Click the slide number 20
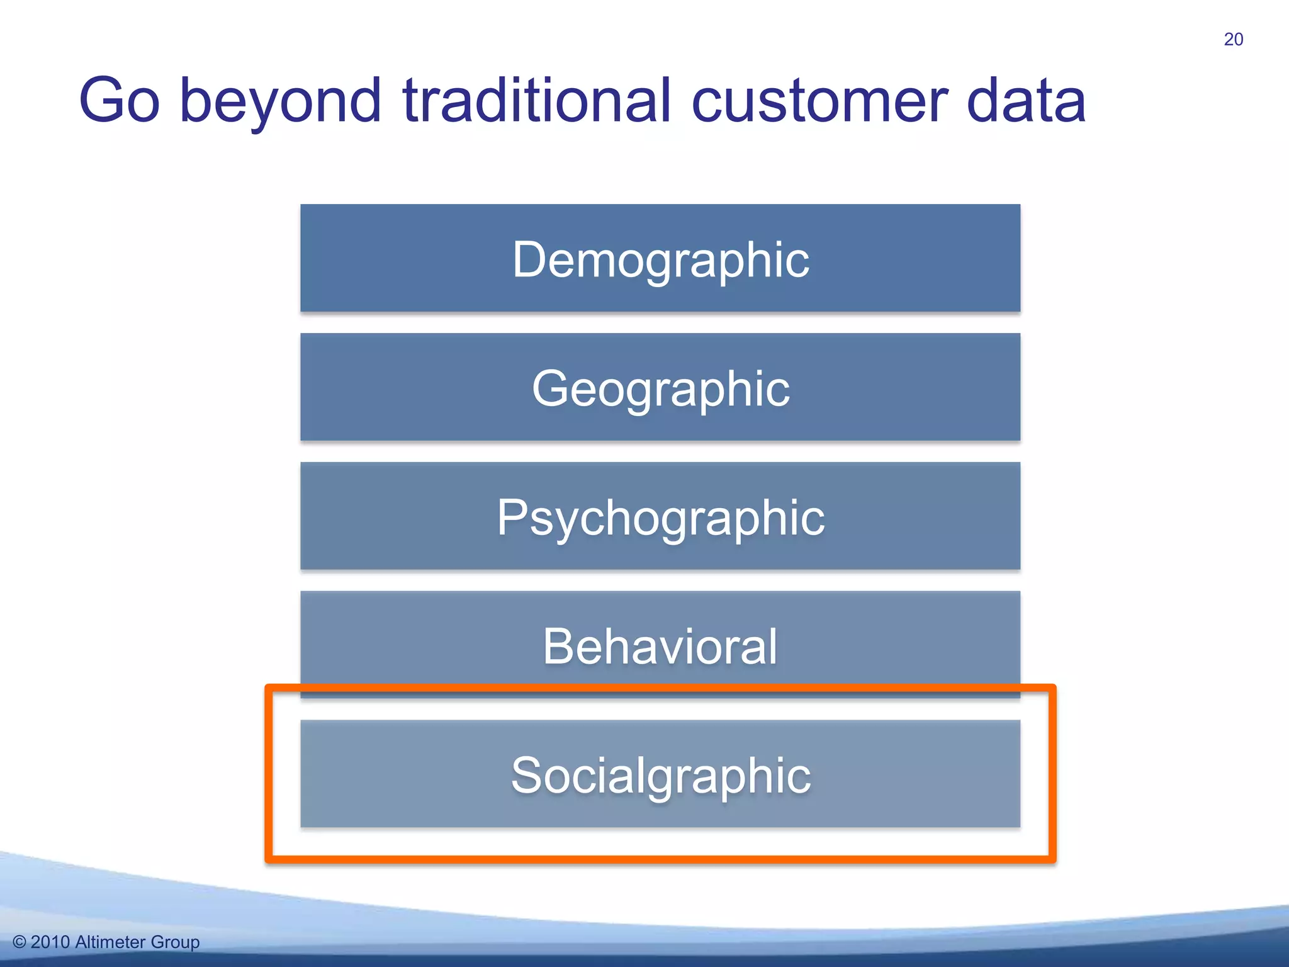pyautogui.click(x=1233, y=39)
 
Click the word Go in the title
pyautogui.click(x=120, y=101)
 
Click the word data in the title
pyautogui.click(x=1026, y=101)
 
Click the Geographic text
pyautogui.click(x=660, y=388)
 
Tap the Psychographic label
pyautogui.click(x=660, y=517)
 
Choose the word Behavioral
pyautogui.click(x=660, y=647)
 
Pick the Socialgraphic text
pyautogui.click(x=660, y=775)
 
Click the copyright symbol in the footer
pyautogui.click(x=20, y=942)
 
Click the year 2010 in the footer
pyautogui.click(x=50, y=942)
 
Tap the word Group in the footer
pyautogui.click(x=175, y=942)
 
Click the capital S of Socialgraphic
pyautogui.click(x=526, y=775)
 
